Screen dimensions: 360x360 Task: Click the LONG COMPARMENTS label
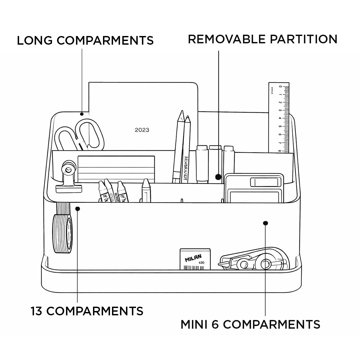click(x=85, y=40)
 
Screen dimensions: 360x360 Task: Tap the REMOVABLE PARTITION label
click(x=263, y=39)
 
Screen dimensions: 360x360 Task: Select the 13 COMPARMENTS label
click(x=87, y=311)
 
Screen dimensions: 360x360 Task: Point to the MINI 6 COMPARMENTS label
click(x=250, y=324)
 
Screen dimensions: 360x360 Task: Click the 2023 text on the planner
click(x=142, y=130)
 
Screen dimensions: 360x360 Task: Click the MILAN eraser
click(x=195, y=259)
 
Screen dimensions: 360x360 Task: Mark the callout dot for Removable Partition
click(x=219, y=177)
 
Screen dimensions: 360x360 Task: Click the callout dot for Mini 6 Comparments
click(x=265, y=223)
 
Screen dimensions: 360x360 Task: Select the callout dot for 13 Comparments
click(x=78, y=209)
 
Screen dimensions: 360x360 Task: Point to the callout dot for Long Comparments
click(x=82, y=114)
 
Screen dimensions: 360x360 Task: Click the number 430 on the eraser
click(x=201, y=263)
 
